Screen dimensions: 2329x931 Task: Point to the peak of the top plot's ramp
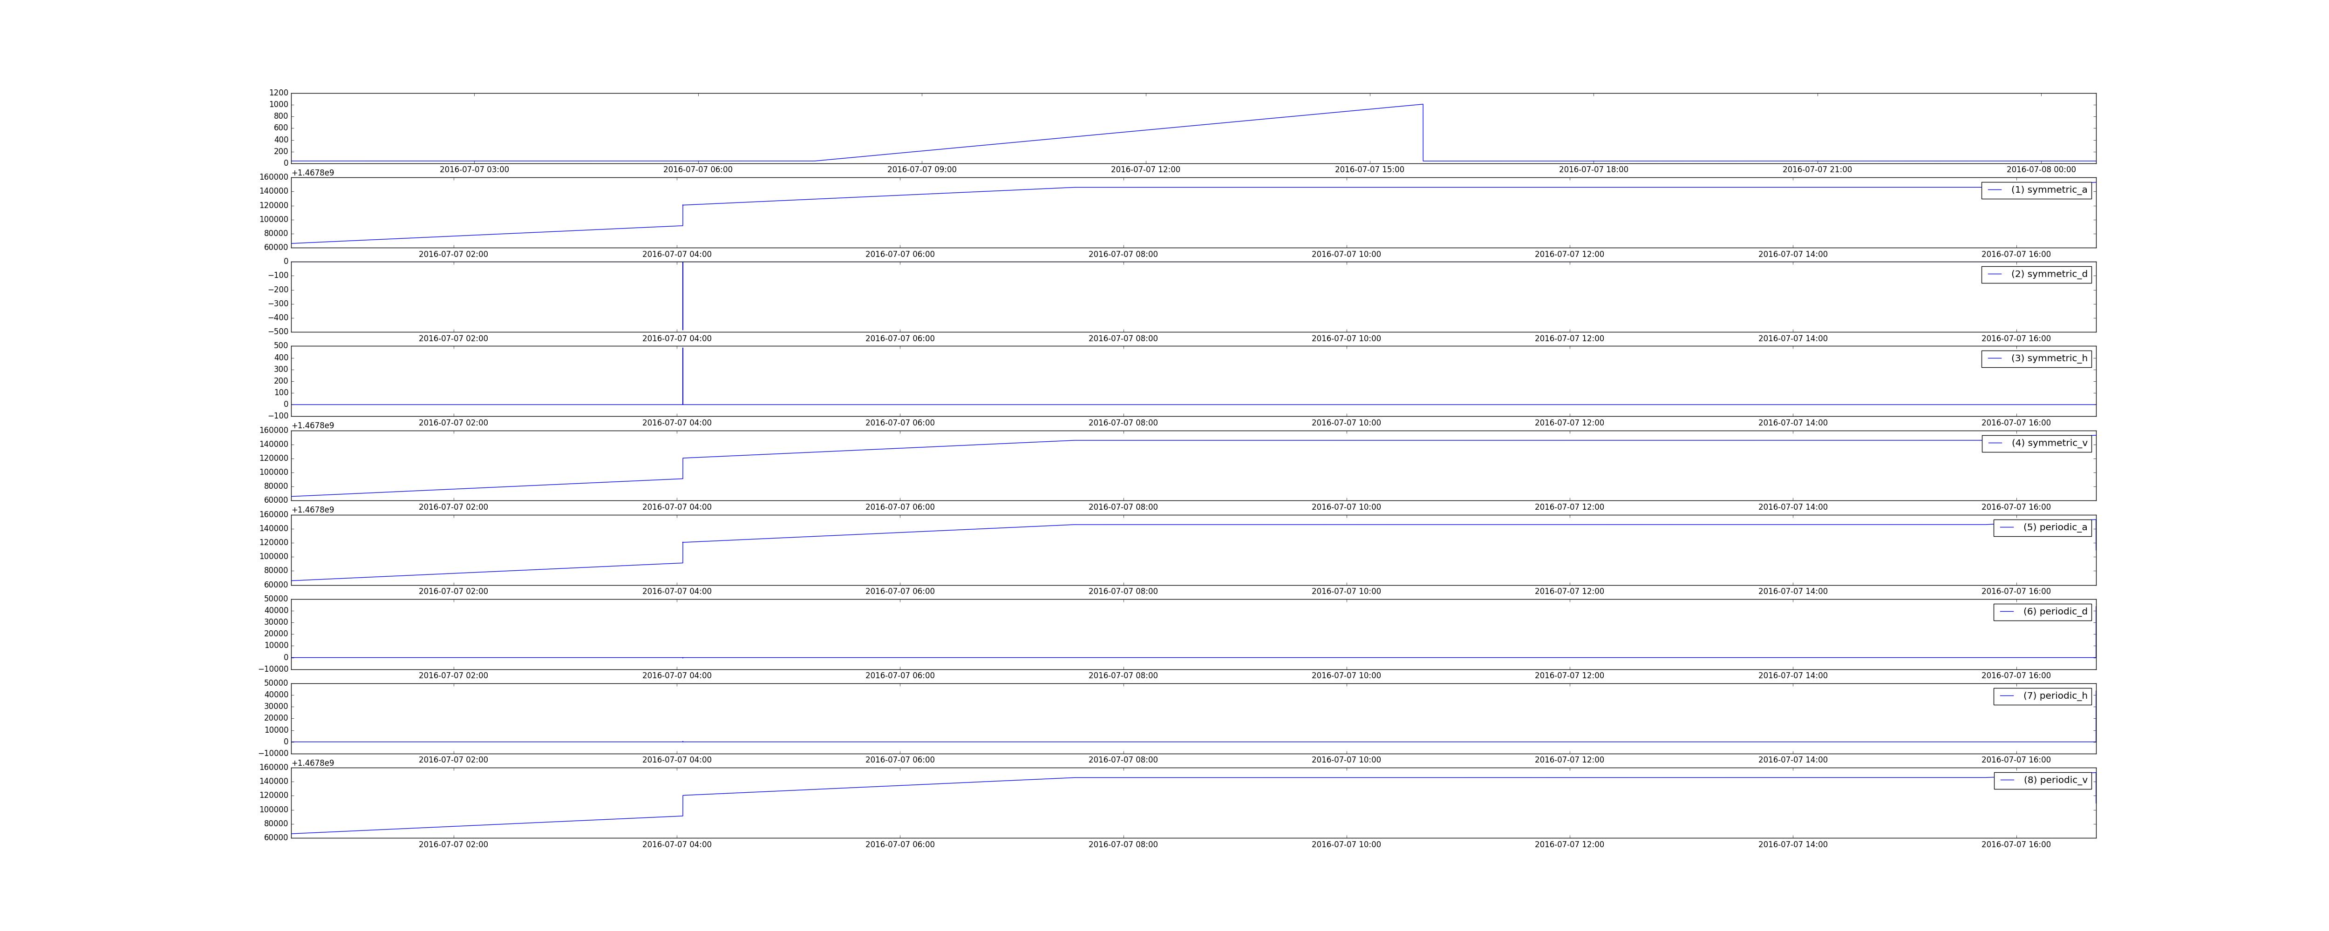[1422, 105]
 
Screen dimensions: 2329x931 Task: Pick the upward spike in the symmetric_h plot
[682, 375]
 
